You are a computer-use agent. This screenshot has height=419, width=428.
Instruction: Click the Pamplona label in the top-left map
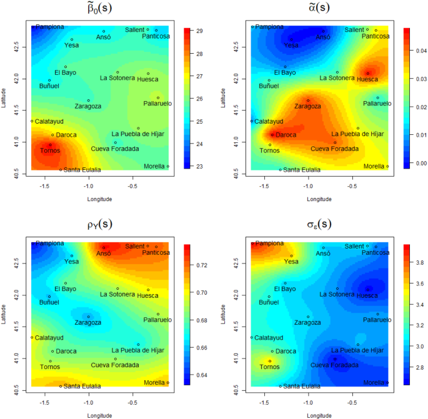point(49,27)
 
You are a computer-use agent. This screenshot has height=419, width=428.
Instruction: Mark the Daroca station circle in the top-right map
point(272,134)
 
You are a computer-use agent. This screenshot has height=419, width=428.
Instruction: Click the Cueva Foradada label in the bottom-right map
point(335,365)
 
